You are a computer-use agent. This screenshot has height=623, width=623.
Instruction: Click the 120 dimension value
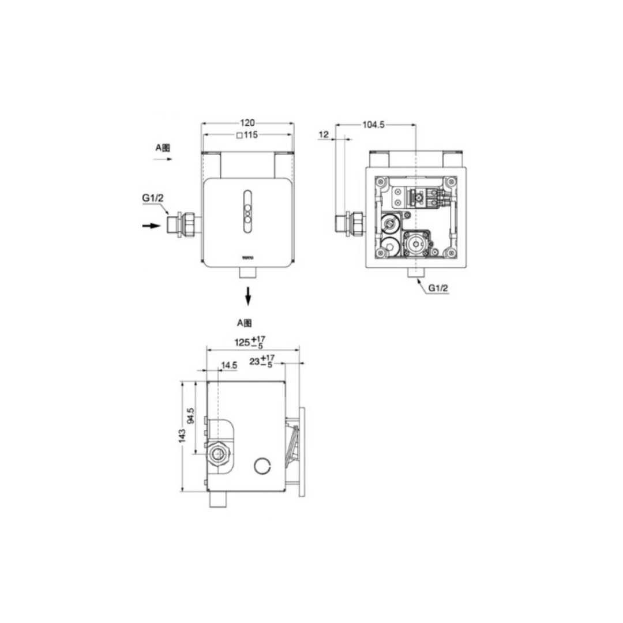point(247,123)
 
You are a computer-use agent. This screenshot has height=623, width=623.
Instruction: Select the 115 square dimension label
point(247,135)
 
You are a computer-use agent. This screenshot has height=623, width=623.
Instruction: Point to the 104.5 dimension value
point(373,125)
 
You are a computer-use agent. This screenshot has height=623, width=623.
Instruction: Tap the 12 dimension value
point(324,134)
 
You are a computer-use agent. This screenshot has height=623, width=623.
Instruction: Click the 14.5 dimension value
point(229,365)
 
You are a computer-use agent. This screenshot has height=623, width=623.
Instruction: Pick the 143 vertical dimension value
point(182,436)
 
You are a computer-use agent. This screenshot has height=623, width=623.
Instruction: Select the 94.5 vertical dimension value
point(191,415)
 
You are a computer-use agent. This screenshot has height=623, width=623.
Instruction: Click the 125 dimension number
point(242,342)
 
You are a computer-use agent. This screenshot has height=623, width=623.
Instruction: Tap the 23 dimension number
point(255,361)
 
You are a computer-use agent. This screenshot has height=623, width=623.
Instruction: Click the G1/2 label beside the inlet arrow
point(153,198)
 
